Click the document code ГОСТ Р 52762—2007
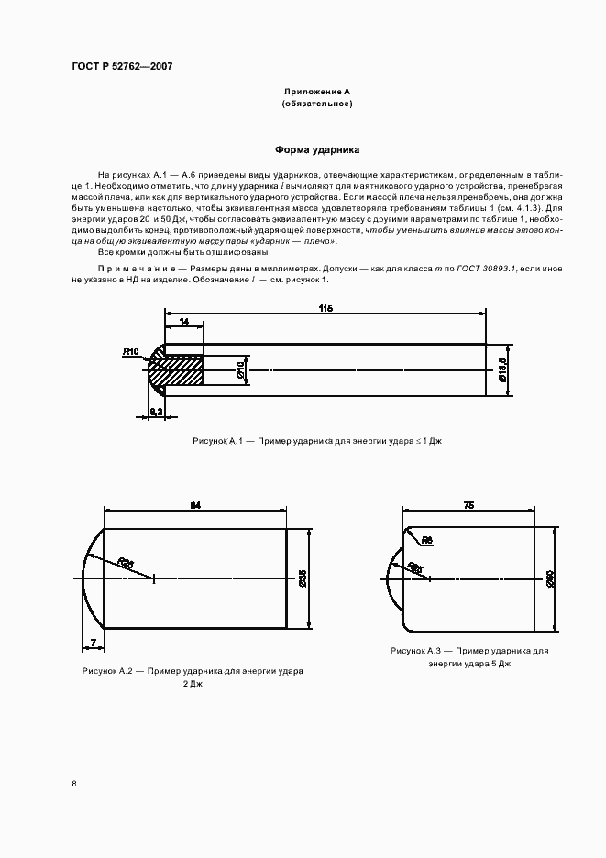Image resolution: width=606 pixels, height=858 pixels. point(122,67)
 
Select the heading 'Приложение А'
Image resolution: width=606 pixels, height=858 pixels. point(316,93)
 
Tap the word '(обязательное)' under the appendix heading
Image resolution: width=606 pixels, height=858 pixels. point(316,104)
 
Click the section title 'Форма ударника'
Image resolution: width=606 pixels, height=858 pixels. point(317,149)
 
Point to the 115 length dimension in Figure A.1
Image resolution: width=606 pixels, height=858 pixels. point(325,309)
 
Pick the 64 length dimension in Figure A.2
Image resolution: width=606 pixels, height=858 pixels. point(195,504)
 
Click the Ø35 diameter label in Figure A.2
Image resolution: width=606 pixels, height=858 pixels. point(303,578)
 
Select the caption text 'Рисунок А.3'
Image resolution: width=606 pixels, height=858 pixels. point(415,650)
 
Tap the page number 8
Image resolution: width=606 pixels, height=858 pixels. point(73,784)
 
